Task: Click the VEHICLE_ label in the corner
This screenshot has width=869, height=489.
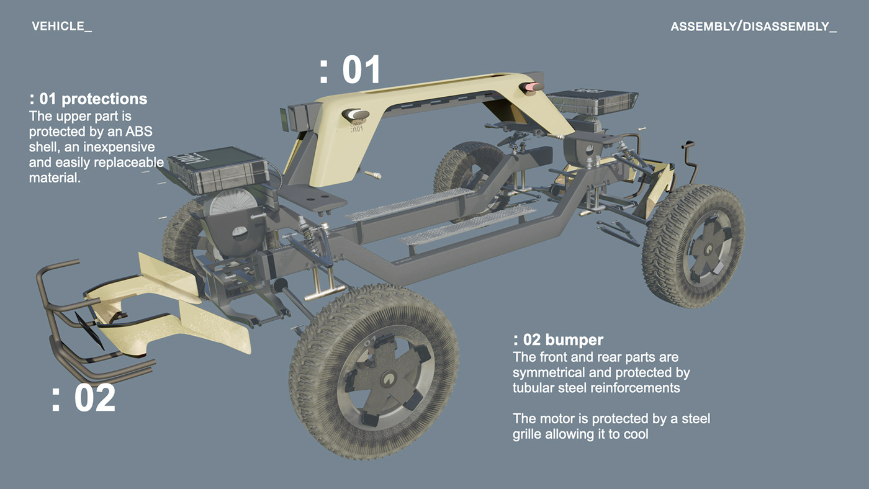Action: (61, 27)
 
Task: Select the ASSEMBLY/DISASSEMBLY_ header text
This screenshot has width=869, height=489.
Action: (753, 27)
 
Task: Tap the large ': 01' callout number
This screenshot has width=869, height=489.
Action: (350, 70)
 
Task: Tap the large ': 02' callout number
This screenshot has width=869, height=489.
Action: (83, 398)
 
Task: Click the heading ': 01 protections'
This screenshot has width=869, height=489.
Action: (88, 99)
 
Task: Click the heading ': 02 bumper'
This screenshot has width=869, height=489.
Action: (558, 340)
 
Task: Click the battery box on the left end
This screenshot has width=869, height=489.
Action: (217, 169)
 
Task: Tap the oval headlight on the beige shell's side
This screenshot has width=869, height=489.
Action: (358, 114)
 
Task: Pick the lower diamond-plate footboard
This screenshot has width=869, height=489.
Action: (467, 225)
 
